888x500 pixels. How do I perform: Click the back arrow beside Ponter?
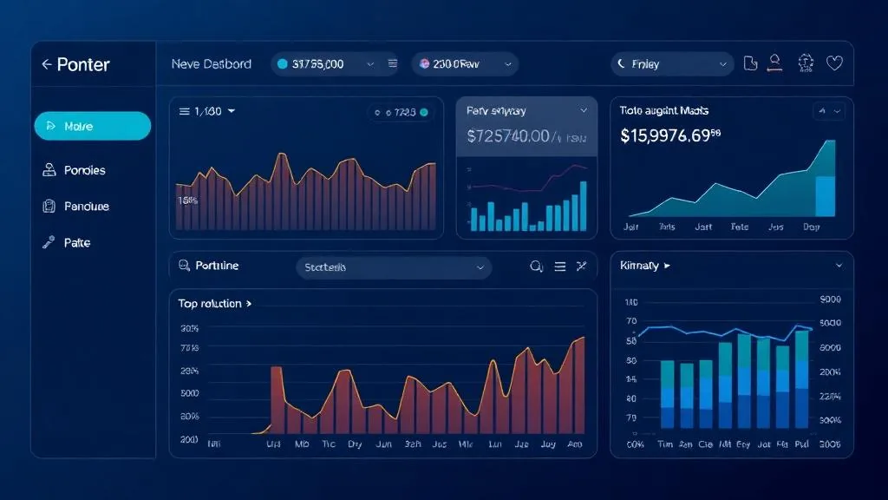46,65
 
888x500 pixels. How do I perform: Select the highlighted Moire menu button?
92,127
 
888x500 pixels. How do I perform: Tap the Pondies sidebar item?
84,170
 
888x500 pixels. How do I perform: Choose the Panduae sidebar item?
86,207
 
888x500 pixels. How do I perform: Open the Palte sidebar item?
76,243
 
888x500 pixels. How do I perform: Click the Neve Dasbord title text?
212,64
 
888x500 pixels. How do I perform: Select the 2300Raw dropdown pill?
464,64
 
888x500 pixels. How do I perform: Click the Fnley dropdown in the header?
672,64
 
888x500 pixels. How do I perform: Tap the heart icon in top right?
834,63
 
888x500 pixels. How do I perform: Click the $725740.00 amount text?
508,136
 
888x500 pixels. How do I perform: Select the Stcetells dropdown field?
394,268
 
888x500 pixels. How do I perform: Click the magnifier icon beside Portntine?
184,266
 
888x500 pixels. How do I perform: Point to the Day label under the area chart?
811,227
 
